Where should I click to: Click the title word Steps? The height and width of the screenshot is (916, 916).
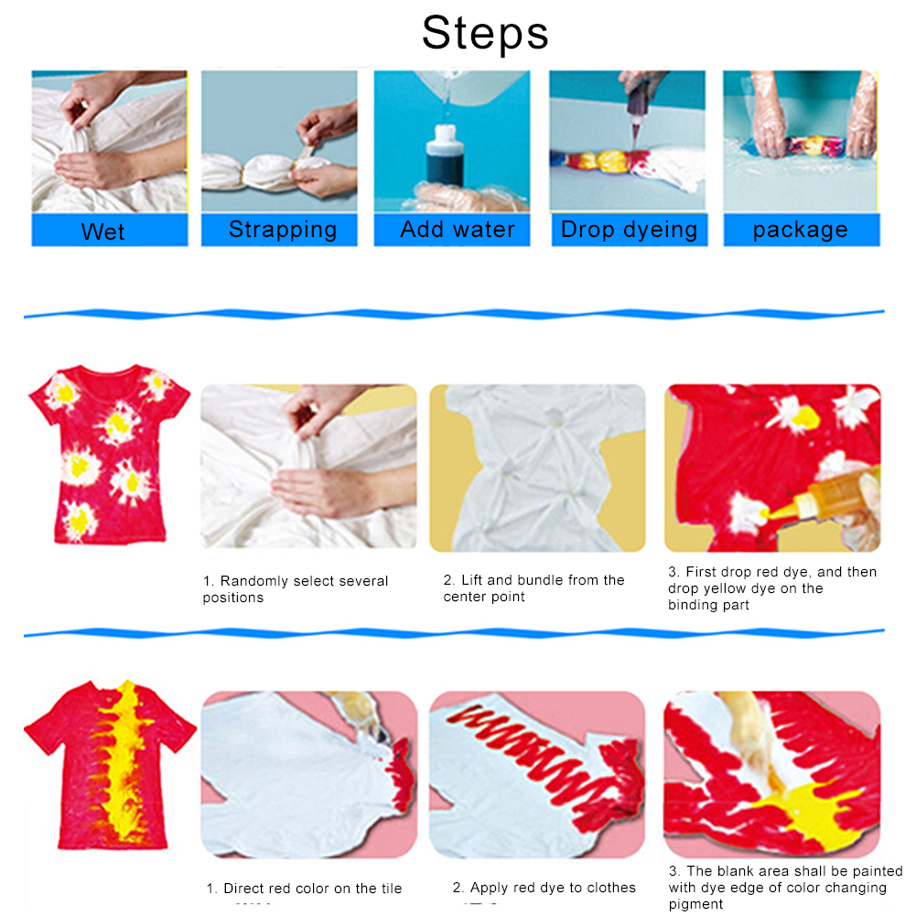485,33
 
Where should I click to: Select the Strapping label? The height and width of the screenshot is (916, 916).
279,230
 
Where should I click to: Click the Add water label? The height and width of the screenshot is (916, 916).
452,230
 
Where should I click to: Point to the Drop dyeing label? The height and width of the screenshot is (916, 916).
630,230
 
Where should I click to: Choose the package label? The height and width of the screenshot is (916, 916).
802,230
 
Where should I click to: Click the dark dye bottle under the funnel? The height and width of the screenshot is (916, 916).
445,156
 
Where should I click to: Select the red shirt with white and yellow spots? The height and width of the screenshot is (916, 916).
109,454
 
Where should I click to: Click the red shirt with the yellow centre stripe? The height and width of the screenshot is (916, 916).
110,764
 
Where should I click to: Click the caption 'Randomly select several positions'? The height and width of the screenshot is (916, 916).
295,589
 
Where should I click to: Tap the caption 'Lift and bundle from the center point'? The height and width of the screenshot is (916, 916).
533,587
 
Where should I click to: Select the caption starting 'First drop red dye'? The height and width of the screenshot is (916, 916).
772,587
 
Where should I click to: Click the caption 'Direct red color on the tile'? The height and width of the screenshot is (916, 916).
304,888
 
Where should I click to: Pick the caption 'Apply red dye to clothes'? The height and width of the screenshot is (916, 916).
544,888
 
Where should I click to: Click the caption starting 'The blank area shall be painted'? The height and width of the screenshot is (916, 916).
786,888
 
